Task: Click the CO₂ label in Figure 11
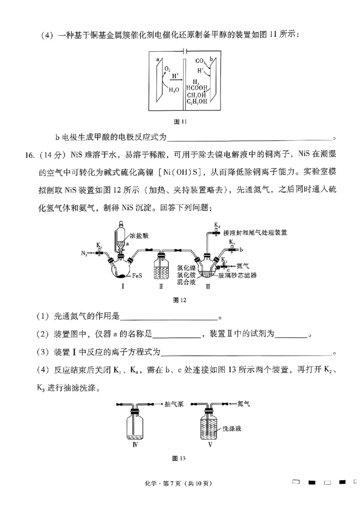201,61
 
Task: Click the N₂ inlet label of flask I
84,254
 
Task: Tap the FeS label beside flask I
138,275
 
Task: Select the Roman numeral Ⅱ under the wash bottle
161,286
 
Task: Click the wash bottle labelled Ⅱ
161,267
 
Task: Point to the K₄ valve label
217,224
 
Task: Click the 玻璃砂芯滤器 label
238,275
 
